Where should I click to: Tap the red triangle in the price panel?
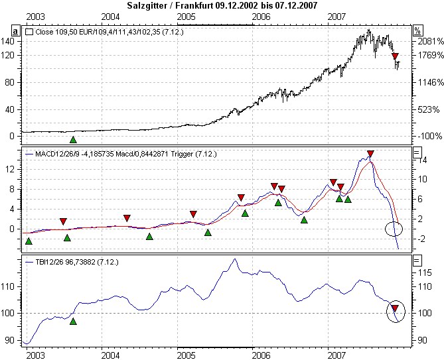pyautogui.click(x=395, y=57)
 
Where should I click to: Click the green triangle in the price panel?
pyautogui.click(x=73, y=139)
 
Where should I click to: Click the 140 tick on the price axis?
pyautogui.click(x=9, y=41)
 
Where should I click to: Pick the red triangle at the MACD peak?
pyautogui.click(x=370, y=154)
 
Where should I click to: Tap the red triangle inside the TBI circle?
pyautogui.click(x=395, y=308)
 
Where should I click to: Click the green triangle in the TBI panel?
pyautogui.click(x=73, y=321)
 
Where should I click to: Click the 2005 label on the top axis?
pyautogui.click(x=186, y=15)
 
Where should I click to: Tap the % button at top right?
pyautogui.click(x=417, y=30)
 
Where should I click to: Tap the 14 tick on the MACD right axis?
pyautogui.click(x=421, y=160)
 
